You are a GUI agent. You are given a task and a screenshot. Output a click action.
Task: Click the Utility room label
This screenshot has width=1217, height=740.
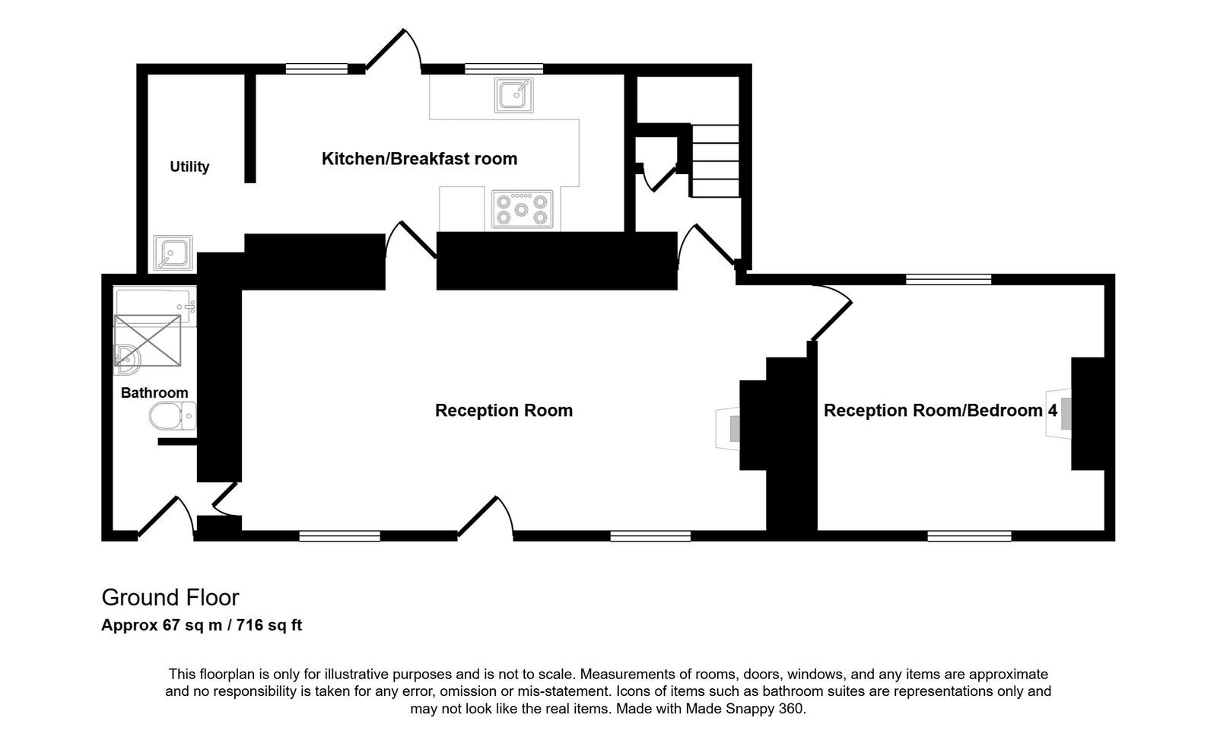[x=189, y=167]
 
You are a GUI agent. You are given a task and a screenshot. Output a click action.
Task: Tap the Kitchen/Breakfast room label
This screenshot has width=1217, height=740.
[x=419, y=159]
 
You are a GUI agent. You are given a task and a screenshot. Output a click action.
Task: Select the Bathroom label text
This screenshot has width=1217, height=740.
[x=154, y=393]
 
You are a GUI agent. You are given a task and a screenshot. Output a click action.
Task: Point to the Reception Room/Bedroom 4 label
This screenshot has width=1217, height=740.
[x=940, y=410]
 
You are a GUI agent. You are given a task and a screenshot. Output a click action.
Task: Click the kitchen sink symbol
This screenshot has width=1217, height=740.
[x=513, y=95]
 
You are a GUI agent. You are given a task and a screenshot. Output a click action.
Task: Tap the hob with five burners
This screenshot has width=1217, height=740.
[x=522, y=208]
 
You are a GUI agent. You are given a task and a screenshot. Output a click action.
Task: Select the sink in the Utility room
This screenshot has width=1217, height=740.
[x=173, y=252]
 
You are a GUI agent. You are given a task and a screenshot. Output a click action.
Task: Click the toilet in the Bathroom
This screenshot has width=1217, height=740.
[x=172, y=416]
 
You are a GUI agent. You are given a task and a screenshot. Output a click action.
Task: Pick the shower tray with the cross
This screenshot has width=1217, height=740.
[x=148, y=341]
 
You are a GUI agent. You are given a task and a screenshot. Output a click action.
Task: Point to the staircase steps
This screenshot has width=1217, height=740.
[x=714, y=160]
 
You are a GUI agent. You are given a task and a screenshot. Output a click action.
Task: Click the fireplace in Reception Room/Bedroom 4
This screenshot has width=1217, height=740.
[x=1059, y=414]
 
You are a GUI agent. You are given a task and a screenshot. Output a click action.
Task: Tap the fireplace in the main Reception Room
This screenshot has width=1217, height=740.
[x=728, y=429]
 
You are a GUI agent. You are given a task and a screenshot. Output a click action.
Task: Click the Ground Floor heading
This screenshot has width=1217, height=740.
[x=170, y=598]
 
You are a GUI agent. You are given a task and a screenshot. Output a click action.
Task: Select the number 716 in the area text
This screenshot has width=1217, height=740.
[x=250, y=625]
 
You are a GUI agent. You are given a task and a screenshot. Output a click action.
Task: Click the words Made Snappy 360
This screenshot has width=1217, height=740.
[x=745, y=709]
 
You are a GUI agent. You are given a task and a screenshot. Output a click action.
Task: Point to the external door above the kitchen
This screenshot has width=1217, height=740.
[x=393, y=50]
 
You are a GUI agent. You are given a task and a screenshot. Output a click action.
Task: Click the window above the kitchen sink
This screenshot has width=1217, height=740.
[x=504, y=68]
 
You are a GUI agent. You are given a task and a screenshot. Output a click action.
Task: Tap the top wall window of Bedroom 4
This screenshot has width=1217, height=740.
[x=948, y=279]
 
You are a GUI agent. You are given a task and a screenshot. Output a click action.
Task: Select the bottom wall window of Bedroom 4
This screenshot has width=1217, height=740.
[x=969, y=536]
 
